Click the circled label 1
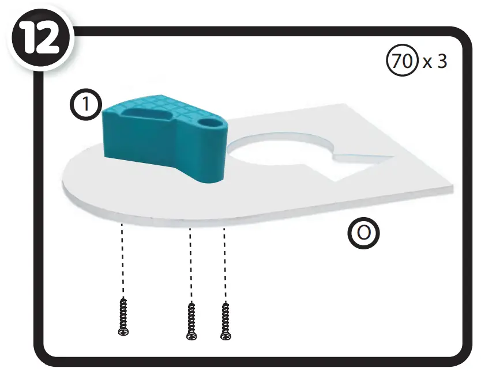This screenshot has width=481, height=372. click(x=85, y=106)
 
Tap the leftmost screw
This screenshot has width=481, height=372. click(x=122, y=316)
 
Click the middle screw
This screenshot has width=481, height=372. click(x=191, y=320)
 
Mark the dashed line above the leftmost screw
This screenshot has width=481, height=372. click(x=122, y=259)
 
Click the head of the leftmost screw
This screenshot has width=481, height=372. click(x=122, y=332)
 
